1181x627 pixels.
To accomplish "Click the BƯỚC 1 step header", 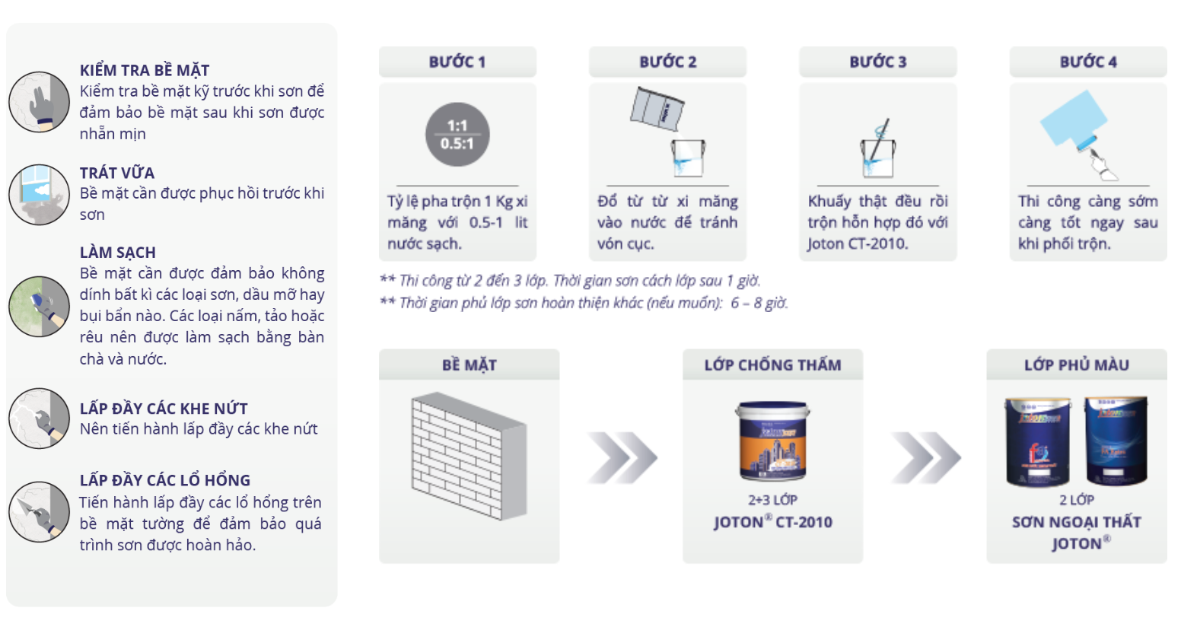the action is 457,62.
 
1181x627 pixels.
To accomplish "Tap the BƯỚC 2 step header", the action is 667,62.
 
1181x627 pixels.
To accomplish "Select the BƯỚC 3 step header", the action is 878,62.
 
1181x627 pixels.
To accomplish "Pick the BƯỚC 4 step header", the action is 1088,62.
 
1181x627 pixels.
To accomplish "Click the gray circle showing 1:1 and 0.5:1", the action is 457,135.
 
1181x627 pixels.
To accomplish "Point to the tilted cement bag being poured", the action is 657,109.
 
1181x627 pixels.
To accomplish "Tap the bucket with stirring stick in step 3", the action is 878,153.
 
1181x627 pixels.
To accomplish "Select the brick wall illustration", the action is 469,456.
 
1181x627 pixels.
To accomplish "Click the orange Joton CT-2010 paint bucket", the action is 773,441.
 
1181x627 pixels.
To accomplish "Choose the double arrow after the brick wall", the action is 622,457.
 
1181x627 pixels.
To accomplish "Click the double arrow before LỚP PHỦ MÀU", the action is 926,457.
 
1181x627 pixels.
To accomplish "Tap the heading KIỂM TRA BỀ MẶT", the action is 145,70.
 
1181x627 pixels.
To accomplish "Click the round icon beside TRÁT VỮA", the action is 39,195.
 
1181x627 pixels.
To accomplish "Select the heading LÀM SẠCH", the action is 118,253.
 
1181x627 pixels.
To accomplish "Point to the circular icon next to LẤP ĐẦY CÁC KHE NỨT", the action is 39,419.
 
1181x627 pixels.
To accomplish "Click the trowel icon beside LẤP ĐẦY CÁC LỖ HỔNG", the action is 39,511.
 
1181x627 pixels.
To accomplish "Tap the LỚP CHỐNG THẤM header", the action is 773,365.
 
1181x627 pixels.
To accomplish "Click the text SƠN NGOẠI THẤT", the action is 1077,522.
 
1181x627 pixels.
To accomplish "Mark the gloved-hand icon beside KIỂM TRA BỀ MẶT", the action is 39,102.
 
